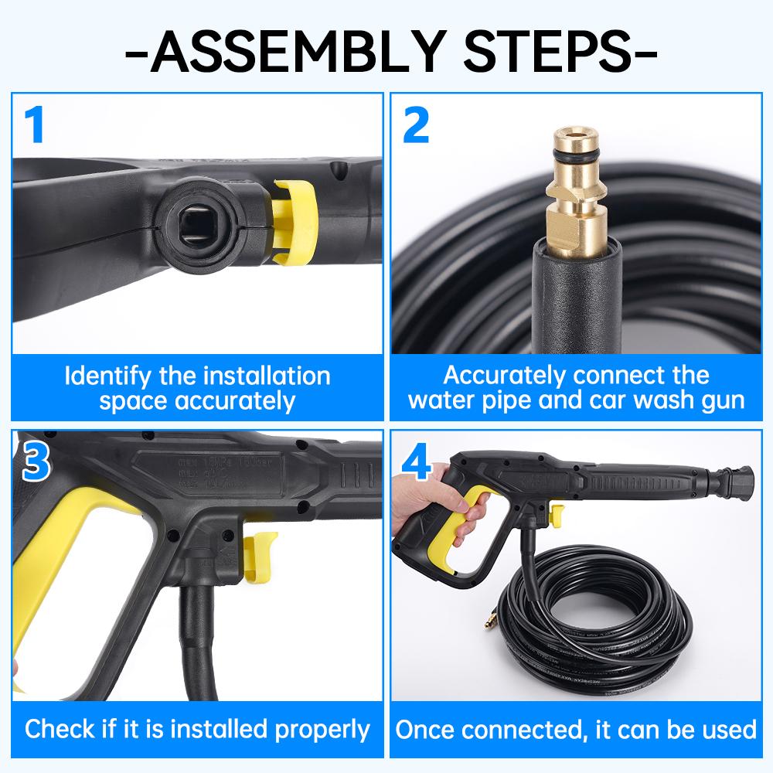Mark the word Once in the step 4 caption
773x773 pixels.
coord(426,729)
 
